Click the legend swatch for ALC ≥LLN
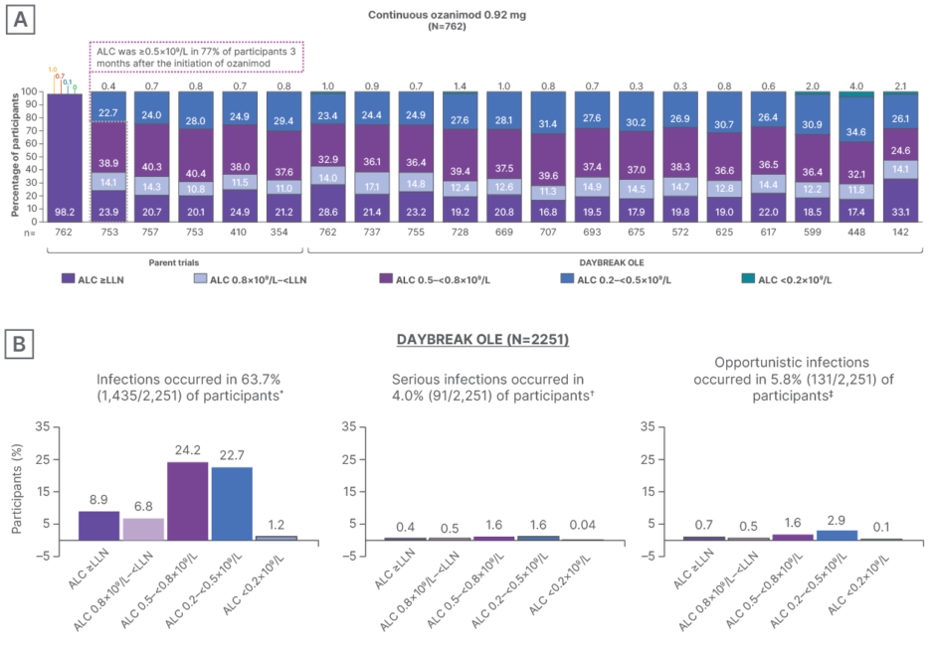tap(69, 280)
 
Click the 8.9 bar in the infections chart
tap(97, 525)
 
